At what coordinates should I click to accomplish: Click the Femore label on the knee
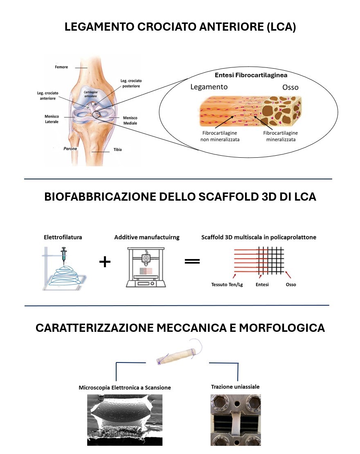(61, 67)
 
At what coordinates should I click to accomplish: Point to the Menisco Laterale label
(52, 119)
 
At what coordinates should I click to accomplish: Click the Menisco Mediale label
(130, 121)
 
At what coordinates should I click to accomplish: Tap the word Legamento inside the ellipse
(209, 87)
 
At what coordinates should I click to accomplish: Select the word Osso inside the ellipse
(290, 87)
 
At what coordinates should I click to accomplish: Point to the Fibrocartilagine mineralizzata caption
(281, 136)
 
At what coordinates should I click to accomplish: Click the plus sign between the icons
(105, 262)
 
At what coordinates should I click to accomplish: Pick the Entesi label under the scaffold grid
(262, 284)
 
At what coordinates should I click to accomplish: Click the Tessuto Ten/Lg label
(227, 284)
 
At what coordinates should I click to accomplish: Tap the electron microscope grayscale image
(125, 420)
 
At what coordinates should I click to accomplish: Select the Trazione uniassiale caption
(235, 386)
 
